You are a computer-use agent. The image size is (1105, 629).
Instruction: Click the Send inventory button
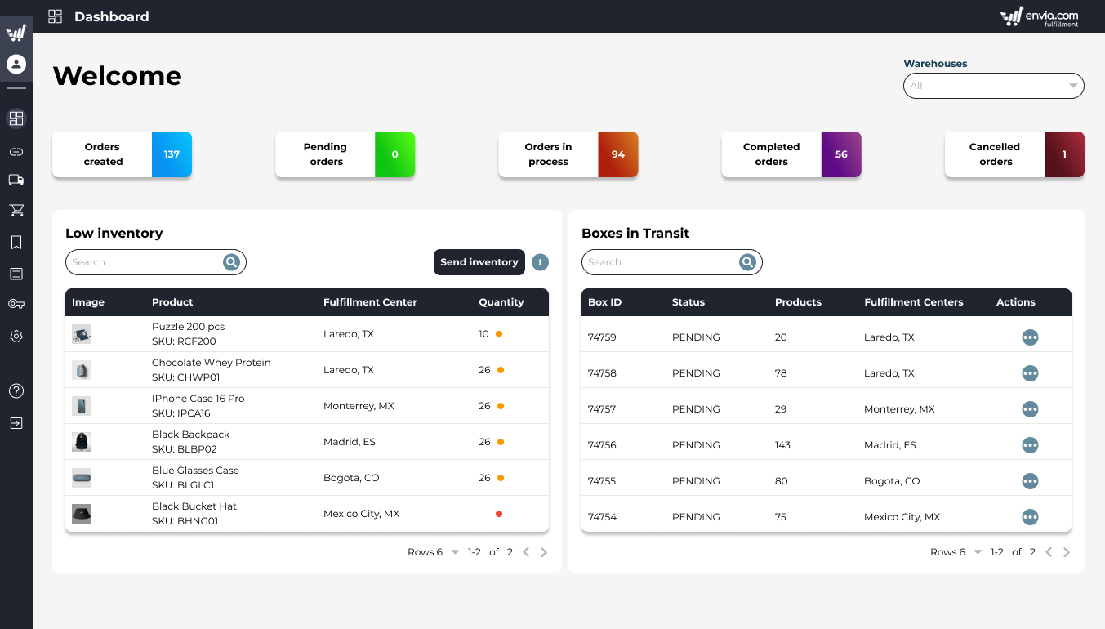pos(479,262)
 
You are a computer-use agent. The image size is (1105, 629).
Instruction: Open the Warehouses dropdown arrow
pos(1073,86)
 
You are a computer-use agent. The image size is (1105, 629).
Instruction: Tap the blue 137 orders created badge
pos(172,154)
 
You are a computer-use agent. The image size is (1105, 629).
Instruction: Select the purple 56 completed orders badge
pos(841,154)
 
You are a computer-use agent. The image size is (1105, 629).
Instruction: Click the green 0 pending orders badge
pos(394,154)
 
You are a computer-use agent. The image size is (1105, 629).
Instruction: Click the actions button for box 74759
pos(1030,337)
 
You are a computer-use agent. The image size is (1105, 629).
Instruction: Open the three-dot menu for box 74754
pos(1030,517)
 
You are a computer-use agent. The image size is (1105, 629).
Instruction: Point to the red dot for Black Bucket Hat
pos(499,514)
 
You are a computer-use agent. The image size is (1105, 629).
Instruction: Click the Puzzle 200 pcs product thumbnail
pos(82,334)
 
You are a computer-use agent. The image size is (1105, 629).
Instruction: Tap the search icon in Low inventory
pos(232,262)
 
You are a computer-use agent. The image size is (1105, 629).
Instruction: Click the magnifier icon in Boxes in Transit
pos(747,262)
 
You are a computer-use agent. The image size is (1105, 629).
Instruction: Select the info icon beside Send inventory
pos(540,262)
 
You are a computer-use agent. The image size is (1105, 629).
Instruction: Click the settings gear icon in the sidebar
pos(16,337)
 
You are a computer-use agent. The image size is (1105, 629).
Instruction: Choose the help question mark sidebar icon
pos(16,391)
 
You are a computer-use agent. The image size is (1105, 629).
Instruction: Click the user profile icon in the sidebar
pos(16,64)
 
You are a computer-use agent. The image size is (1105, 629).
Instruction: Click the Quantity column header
pos(501,302)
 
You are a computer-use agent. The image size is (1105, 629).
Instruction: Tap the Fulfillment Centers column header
pos(913,302)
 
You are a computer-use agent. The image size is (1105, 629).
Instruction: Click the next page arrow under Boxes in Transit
pos(1067,552)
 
